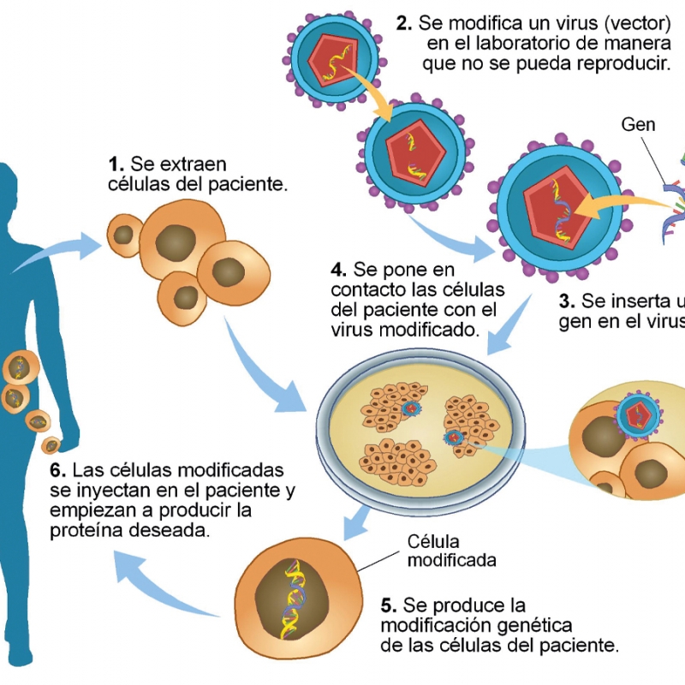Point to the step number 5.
[x=388, y=605]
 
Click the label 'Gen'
[x=638, y=125]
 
